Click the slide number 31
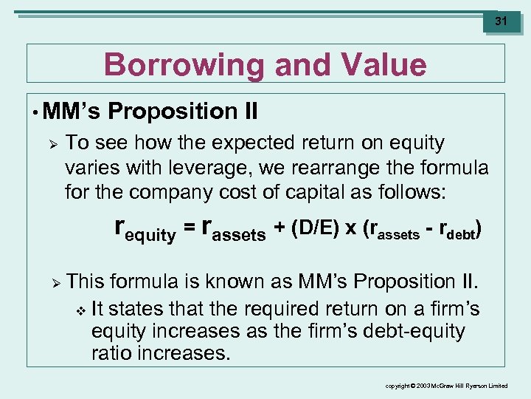point(501,21)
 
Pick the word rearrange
point(344,168)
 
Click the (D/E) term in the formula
point(316,229)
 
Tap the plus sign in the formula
point(281,230)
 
